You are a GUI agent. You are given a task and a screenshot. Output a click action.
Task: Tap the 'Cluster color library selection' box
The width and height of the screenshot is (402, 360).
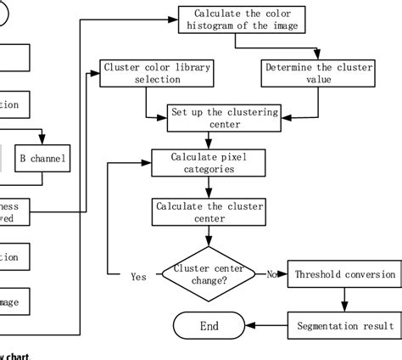[x=156, y=73]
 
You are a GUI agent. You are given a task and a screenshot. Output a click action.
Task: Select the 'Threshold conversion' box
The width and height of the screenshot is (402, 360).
[x=346, y=274]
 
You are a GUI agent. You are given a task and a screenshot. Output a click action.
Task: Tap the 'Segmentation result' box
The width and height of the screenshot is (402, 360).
[x=346, y=325]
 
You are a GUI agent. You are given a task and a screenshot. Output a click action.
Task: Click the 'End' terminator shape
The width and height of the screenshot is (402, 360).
[x=209, y=325]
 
